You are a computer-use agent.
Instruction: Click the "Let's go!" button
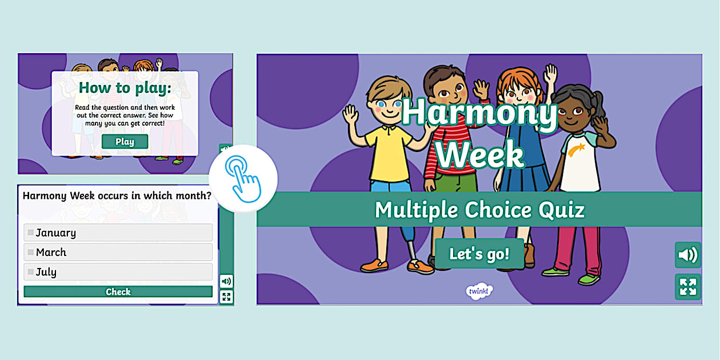tap(479, 254)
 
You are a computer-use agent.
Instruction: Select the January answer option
tap(118, 233)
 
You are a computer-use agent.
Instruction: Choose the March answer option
tap(118, 252)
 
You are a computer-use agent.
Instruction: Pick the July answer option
tap(118, 272)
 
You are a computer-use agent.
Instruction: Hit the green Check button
tap(118, 292)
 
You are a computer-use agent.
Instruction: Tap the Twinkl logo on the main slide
tap(479, 291)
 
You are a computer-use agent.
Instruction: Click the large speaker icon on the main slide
tap(687, 255)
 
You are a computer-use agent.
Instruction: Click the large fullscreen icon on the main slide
tap(687, 287)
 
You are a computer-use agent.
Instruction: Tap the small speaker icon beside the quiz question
tap(226, 281)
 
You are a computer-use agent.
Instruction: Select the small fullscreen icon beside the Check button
tap(226, 297)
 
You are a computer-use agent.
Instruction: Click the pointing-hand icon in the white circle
tap(243, 179)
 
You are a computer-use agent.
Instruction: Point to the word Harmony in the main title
tap(479, 114)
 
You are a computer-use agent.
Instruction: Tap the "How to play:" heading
tap(125, 87)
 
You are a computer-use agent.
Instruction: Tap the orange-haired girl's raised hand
tap(550, 74)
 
